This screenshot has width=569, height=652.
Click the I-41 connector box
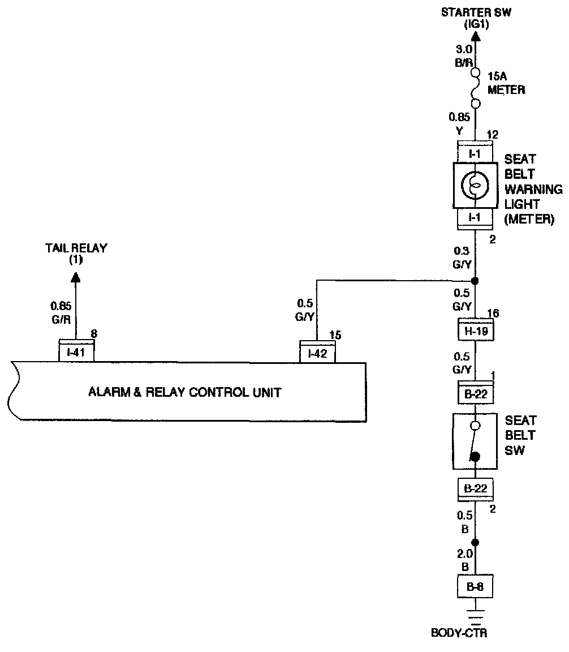pos(76,350)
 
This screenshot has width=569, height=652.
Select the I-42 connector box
pos(317,352)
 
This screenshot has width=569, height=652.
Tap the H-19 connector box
pos(476,330)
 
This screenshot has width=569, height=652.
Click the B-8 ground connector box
pos(475,586)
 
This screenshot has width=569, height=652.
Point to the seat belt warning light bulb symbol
pos(475,185)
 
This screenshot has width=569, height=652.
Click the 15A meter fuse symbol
pos(476,88)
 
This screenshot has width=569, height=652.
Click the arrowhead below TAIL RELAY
pos(75,277)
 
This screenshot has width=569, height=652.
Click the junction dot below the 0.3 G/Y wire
pos(476,281)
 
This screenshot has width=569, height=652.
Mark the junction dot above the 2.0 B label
pos(476,542)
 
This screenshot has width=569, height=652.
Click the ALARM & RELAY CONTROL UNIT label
pos(184,392)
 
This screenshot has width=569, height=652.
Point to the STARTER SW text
pos(476,12)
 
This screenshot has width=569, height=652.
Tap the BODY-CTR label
pos(459,633)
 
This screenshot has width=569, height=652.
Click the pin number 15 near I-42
pos(335,334)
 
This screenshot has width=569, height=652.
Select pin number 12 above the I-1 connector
pos(493,135)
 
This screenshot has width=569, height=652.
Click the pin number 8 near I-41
pos(94,333)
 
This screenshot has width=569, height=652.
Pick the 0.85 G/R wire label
pos(61,312)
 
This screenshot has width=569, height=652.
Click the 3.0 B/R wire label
pos(464,55)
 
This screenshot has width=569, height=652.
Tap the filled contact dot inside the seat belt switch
pos(475,457)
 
